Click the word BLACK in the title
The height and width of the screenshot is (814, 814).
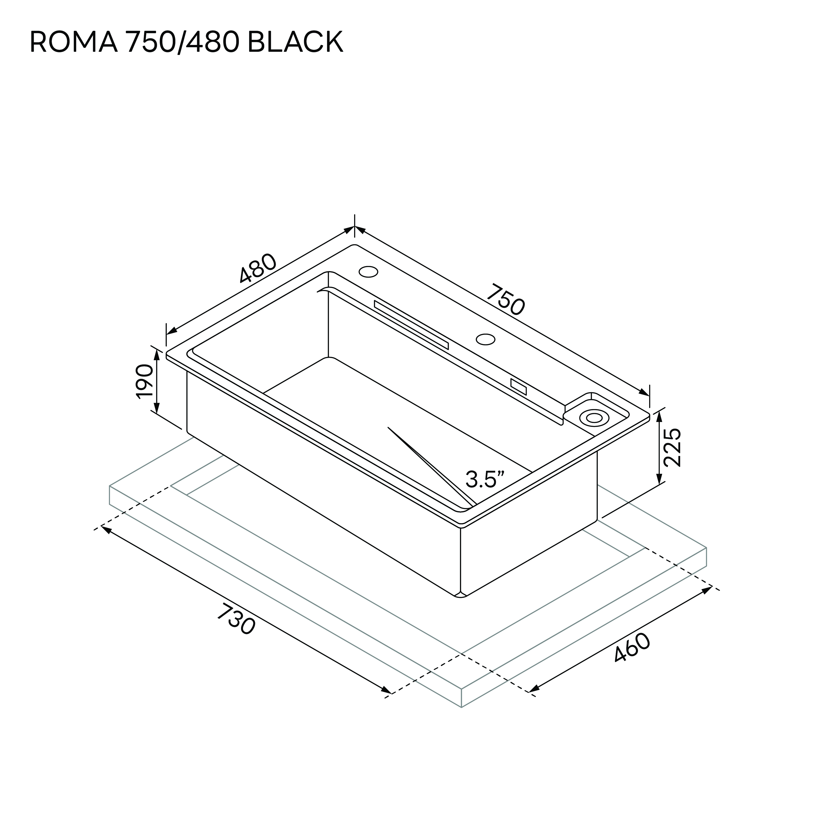295,42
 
